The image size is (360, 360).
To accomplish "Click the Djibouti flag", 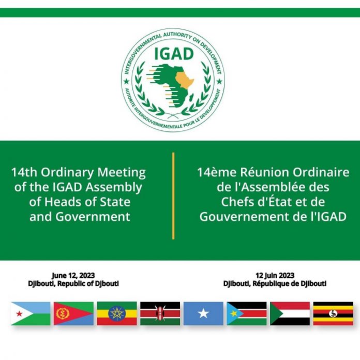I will [31, 313].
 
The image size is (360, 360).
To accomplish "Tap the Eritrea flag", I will [73, 313].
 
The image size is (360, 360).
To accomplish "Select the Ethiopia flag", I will [117, 313].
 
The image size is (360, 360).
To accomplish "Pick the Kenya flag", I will [160, 313].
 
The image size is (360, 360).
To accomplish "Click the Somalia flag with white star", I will [203, 313].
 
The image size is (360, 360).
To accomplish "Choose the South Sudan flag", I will [247, 313].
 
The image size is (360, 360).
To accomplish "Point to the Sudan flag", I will [290, 313].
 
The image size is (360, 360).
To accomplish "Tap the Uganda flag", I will [333, 313].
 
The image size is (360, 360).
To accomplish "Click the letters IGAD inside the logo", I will [172, 53].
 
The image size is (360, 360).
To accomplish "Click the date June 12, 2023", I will [73, 276].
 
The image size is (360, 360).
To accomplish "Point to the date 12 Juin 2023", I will [275, 276].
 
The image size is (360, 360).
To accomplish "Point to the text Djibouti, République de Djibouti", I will [275, 284].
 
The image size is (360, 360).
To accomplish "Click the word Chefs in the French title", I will [238, 202].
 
